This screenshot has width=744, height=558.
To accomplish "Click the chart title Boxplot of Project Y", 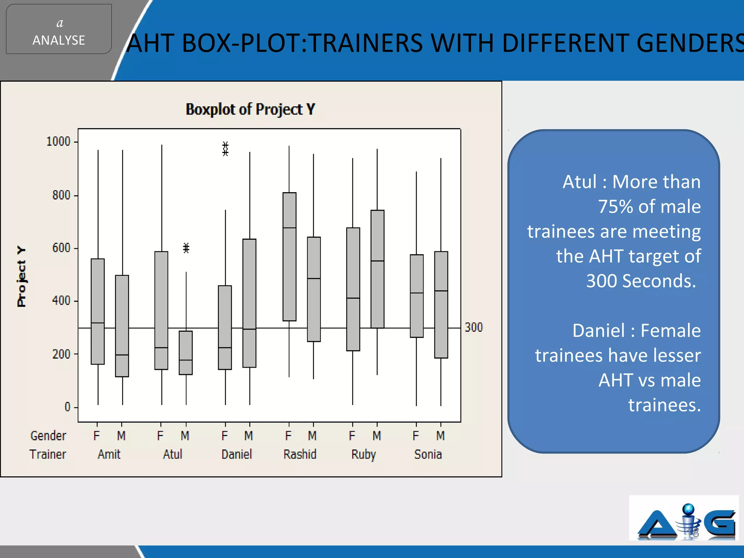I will pyautogui.click(x=250, y=109).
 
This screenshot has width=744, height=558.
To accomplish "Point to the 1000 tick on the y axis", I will pyautogui.click(x=58, y=141).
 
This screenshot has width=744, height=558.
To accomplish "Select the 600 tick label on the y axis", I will pyautogui.click(x=61, y=248).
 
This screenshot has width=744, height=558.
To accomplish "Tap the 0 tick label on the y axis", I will pyautogui.click(x=67, y=407).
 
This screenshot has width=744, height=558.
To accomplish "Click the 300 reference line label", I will pyautogui.click(x=474, y=327).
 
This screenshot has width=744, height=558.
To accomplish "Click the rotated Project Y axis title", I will pyautogui.click(x=21, y=276).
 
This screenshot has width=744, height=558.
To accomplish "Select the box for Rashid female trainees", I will pyautogui.click(x=289, y=256).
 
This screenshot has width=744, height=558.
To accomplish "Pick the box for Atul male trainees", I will pyautogui.click(x=186, y=352).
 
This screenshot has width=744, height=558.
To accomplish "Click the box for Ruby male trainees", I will pyautogui.click(x=377, y=269).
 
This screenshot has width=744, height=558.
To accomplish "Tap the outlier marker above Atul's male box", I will pyautogui.click(x=186, y=248).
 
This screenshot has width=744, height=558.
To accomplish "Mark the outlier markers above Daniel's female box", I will pyautogui.click(x=225, y=149).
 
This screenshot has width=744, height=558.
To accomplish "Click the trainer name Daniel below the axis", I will pyautogui.click(x=236, y=454).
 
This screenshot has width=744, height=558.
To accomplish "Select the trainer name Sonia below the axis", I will pyautogui.click(x=428, y=454).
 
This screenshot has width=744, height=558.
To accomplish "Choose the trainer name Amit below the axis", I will pyautogui.click(x=109, y=454).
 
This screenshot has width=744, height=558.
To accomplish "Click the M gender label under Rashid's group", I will pyautogui.click(x=312, y=436).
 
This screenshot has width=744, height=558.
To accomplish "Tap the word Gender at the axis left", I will pyautogui.click(x=48, y=436).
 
